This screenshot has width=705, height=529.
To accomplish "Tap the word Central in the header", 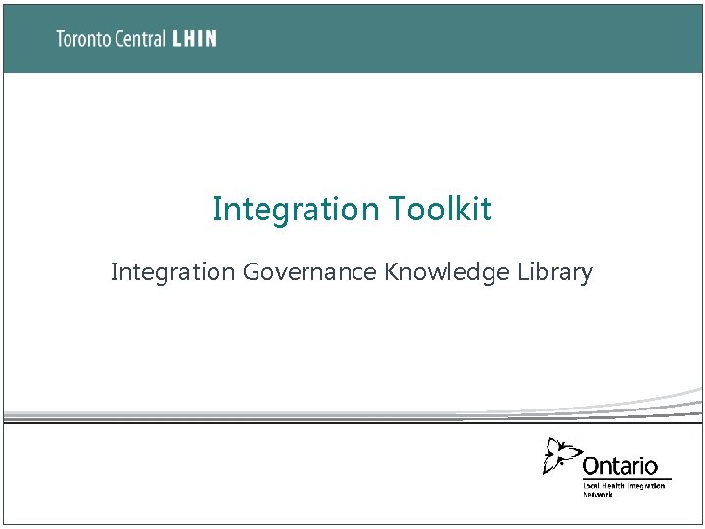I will (x=137, y=39).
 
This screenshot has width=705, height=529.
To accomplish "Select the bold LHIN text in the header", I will (x=194, y=39).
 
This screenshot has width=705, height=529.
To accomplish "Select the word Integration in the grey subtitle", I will (x=172, y=271).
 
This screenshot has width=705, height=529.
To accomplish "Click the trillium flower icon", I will (x=562, y=457).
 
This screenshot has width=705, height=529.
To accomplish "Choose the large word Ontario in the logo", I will (x=620, y=466).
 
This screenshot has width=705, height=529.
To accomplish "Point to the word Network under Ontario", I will (x=597, y=494).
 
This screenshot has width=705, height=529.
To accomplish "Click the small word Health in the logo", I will (x=614, y=486).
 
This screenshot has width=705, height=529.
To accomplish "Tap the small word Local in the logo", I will (x=592, y=486).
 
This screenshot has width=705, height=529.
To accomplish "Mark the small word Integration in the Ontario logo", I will (x=646, y=486).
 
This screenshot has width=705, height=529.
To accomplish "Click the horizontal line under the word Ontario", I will (x=627, y=479).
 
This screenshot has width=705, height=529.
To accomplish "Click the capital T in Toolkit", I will (x=398, y=209).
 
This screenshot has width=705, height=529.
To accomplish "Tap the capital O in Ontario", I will (x=591, y=466).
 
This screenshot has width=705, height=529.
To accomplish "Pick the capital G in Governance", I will (x=252, y=271).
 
